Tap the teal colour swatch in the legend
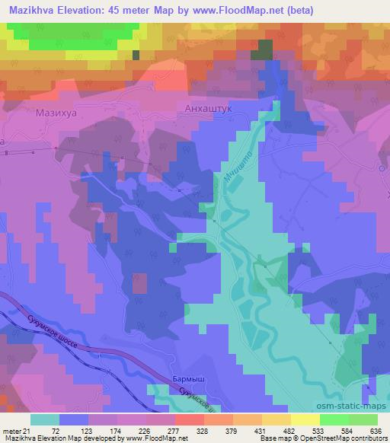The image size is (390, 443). click(x=44, y=419)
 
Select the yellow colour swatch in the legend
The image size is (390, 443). click(x=305, y=419)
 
